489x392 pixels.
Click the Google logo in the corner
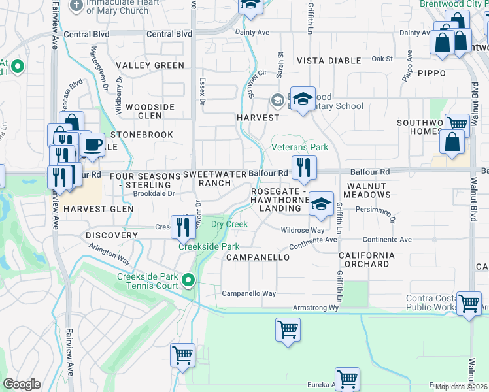pyautogui.click(x=22, y=384)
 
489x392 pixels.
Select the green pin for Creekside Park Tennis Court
pyautogui.click(x=189, y=281)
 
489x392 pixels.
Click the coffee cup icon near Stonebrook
pyautogui.click(x=93, y=145)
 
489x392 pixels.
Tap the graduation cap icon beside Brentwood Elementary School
pyautogui.click(x=302, y=99)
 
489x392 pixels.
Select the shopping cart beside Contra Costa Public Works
pyautogui.click(x=469, y=303)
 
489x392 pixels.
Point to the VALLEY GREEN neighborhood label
pyautogui.click(x=150, y=65)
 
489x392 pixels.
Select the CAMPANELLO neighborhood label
pyautogui.click(x=258, y=257)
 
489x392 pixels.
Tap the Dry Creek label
pyautogui.click(x=229, y=224)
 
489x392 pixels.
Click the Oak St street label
pyautogui.click(x=381, y=59)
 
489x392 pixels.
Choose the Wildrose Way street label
pyautogui.click(x=302, y=230)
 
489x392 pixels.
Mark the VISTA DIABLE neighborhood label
pyautogui.click(x=329, y=60)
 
